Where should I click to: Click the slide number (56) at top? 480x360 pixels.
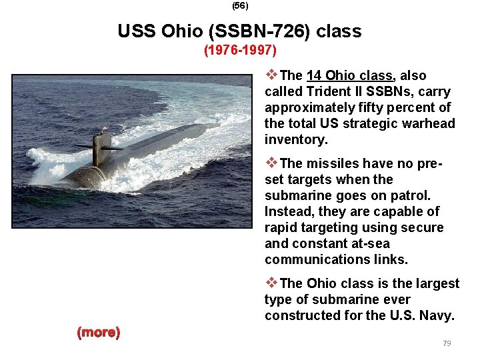239,5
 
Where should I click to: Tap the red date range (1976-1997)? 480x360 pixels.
240,51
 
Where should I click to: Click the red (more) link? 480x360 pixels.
99,332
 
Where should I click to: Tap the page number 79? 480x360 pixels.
447,343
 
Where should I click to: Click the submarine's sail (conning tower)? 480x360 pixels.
102,147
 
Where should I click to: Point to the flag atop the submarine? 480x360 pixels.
104,128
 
